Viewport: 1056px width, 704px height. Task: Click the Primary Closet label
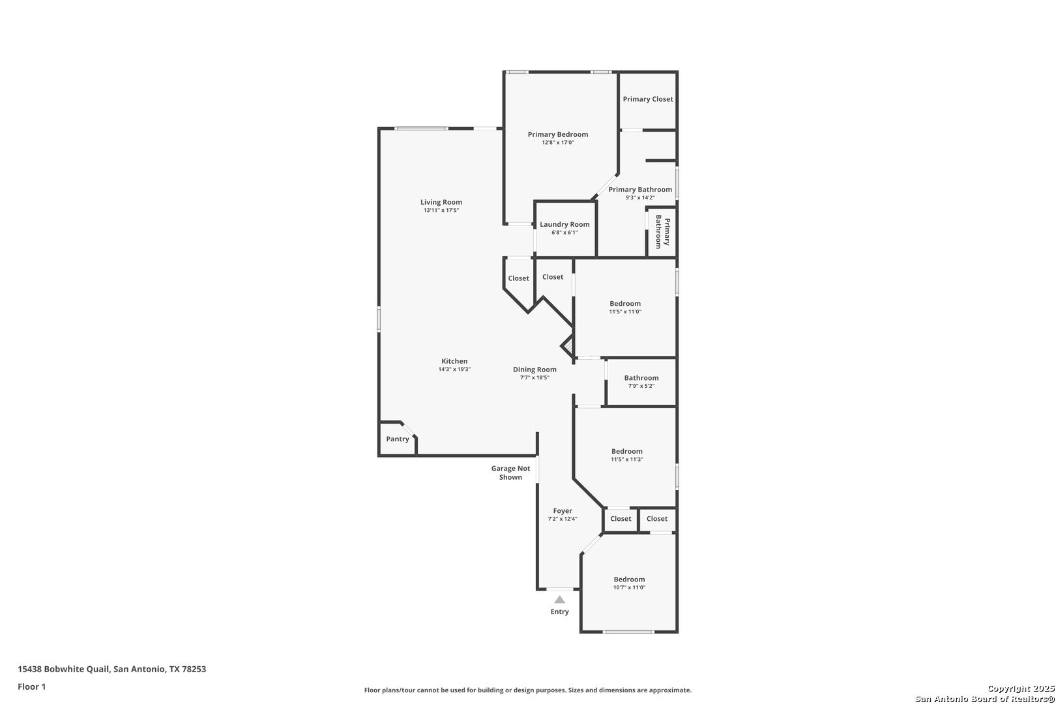[648, 99]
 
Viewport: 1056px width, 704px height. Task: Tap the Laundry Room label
[565, 224]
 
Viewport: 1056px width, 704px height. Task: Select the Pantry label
[398, 439]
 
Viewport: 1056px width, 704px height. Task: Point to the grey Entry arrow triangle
[559, 599]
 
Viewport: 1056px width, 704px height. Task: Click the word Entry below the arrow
[559, 611]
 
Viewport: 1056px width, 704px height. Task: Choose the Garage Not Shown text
[510, 473]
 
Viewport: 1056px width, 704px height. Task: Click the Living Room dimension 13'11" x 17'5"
[441, 211]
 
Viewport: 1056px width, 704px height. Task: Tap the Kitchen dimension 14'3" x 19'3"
[454, 369]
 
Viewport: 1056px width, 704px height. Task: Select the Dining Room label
[535, 369]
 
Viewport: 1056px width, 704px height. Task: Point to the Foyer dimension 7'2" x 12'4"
[563, 519]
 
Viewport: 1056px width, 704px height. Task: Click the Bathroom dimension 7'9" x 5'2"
[641, 386]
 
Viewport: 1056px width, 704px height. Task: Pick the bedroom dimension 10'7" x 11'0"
[629, 587]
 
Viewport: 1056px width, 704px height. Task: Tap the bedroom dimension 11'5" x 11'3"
[627, 460]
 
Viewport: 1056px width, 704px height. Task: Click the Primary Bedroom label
[558, 134]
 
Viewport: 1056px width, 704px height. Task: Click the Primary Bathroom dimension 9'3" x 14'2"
[640, 198]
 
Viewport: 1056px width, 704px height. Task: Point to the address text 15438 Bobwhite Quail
[64, 669]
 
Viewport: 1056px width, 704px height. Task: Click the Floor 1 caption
[31, 686]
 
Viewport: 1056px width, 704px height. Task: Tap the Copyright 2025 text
[1021, 688]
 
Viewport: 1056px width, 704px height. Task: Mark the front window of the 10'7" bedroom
[628, 632]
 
